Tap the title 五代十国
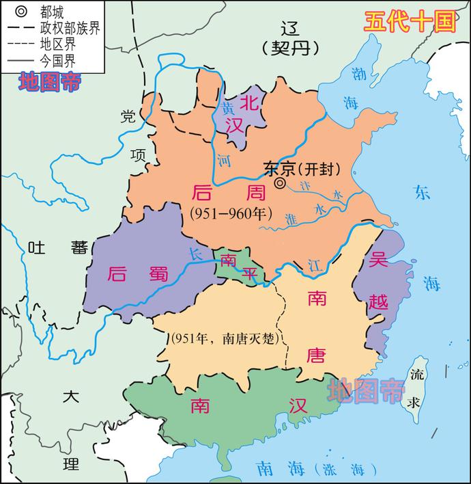tap(408, 21)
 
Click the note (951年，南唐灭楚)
tap(226, 340)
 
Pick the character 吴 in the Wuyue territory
tap(377, 260)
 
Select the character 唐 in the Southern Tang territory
tap(316, 356)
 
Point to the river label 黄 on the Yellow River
tap(227, 108)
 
